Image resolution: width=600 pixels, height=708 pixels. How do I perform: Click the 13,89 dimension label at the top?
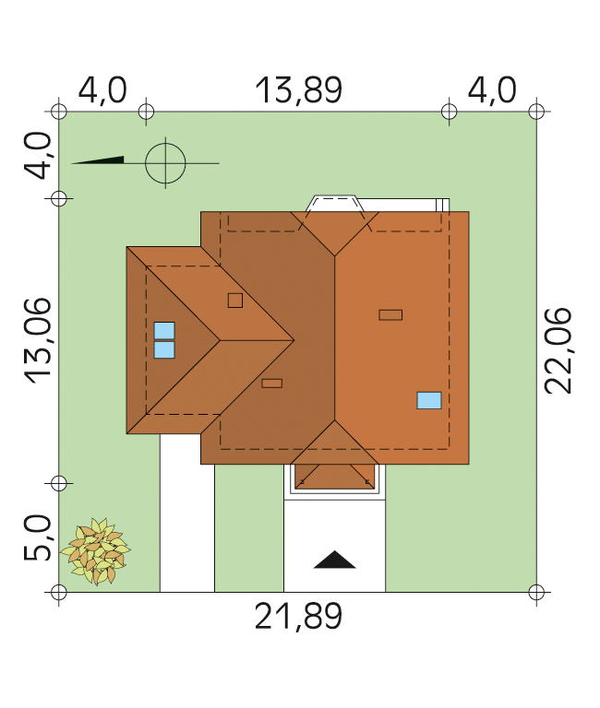click(299, 90)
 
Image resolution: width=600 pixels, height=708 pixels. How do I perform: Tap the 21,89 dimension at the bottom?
click(298, 617)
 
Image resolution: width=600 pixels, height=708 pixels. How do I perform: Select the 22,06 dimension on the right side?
click(558, 350)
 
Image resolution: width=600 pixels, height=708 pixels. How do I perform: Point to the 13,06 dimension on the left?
click(38, 340)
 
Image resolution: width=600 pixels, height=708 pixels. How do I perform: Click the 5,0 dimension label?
click(38, 537)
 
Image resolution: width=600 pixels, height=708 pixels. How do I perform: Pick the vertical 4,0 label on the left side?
click(38, 156)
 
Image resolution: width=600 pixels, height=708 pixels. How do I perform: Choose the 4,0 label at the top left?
click(102, 90)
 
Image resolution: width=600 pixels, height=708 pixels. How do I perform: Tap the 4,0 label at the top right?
click(492, 90)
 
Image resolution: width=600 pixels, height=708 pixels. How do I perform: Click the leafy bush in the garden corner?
click(96, 551)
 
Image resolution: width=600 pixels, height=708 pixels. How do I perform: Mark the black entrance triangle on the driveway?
click(334, 560)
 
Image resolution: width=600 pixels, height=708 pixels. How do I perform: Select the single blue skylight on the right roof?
click(429, 400)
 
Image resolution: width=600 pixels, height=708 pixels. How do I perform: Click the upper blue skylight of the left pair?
click(164, 331)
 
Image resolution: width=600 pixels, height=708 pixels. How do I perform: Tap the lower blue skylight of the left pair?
click(164, 350)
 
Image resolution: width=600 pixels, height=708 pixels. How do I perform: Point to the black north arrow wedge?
click(99, 159)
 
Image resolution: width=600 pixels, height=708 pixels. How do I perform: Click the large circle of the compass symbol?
click(165, 163)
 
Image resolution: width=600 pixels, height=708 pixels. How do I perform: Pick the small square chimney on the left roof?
click(235, 301)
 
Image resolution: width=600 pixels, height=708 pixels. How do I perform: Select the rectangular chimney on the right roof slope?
click(390, 314)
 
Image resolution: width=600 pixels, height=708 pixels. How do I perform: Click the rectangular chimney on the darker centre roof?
click(272, 383)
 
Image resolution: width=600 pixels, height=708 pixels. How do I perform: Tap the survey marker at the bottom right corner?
click(536, 592)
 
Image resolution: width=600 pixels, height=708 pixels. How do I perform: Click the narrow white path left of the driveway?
click(187, 513)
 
